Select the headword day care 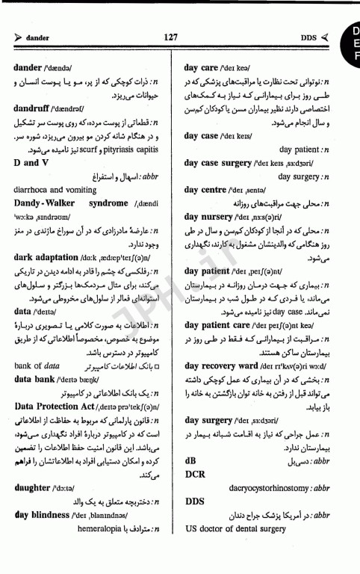point(202,68)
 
